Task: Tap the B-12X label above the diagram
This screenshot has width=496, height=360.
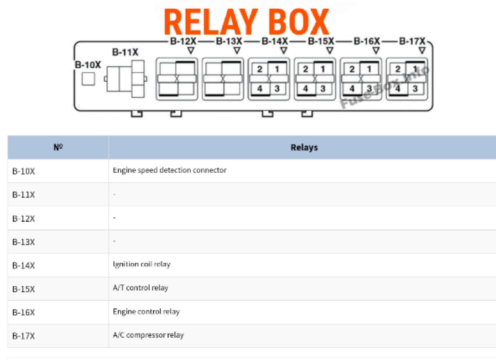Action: pos(183,41)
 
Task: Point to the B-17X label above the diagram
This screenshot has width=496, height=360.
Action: pos(412,41)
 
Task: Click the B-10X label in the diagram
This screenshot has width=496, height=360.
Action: pos(88,65)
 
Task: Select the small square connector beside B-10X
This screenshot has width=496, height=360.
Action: pos(88,79)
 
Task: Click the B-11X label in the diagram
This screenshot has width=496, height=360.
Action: pos(125,52)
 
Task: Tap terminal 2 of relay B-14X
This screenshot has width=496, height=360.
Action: pos(260,69)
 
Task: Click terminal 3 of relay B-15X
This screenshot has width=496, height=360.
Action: pos(323,89)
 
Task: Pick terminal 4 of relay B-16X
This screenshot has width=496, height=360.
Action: pos(352,89)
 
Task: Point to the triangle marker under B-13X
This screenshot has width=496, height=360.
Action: pos(237,51)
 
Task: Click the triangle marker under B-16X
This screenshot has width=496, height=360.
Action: pos(376,51)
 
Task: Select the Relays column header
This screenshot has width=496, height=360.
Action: pos(304,147)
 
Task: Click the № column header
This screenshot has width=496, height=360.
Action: pos(58,147)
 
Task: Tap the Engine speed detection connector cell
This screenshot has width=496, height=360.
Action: pos(170,170)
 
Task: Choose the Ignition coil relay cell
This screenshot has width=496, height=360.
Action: pos(141,264)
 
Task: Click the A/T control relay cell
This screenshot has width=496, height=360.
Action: pos(140,288)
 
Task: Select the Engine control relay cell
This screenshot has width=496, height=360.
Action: pos(146,312)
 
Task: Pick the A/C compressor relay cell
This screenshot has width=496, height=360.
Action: pos(148,335)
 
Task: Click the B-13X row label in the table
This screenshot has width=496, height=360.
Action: pos(24,242)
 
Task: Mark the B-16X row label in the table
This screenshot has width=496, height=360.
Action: pos(24,312)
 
